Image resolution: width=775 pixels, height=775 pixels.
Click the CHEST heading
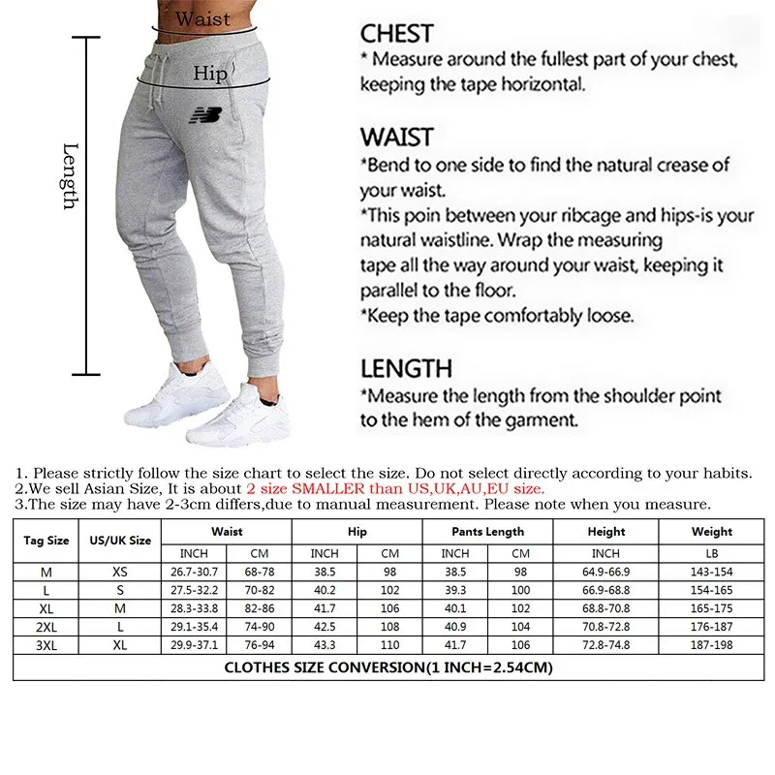point(396,34)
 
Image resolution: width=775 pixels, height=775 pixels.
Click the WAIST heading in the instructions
point(397,137)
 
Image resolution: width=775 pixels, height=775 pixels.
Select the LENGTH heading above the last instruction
point(406,368)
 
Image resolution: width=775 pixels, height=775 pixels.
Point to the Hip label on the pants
point(209,73)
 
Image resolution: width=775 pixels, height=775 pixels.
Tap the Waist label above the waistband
point(203,18)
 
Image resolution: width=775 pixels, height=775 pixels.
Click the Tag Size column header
point(46,541)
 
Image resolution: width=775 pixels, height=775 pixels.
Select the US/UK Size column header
point(120,541)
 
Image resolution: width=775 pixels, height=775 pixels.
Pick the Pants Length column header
point(487,531)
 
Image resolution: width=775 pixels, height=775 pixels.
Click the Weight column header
point(711,531)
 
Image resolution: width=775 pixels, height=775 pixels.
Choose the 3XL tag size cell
point(46,643)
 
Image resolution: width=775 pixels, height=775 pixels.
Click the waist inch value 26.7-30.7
point(194,572)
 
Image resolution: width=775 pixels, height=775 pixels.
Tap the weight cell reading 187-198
point(711,643)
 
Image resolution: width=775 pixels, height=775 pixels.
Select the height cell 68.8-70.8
point(605,607)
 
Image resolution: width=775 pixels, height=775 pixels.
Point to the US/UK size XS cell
point(120,572)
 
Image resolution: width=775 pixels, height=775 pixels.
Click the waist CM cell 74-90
point(259,626)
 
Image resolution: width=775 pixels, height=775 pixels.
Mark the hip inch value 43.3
point(325,643)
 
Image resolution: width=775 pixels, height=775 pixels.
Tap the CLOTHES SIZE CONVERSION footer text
point(387,667)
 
